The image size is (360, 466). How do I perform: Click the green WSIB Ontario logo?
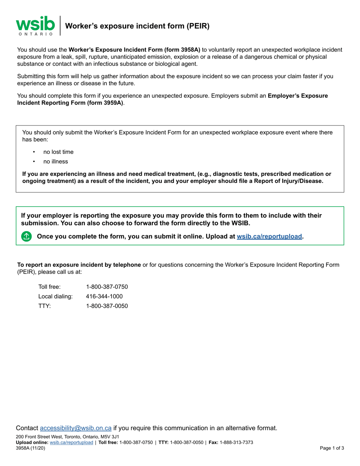coord(35,25)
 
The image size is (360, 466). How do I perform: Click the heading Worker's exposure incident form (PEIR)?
coord(137,26)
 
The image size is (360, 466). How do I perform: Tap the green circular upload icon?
coord(26,236)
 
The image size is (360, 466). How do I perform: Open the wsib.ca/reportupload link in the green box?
coord(269,236)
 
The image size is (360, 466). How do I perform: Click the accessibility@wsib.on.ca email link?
coord(76,428)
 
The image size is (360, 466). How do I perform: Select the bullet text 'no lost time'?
coord(58,152)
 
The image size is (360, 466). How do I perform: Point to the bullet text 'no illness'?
coord(56,161)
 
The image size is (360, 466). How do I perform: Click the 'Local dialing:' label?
coord(55,296)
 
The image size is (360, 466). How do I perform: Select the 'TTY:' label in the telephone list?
coord(44,305)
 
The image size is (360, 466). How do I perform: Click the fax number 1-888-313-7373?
coord(236,442)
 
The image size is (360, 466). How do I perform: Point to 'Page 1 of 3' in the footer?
coord(332,448)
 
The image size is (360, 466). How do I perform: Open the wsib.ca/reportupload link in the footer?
coord(71,442)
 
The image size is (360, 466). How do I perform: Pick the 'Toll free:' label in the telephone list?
coord(49,286)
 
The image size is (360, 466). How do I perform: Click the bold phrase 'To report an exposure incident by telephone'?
coord(79,265)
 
